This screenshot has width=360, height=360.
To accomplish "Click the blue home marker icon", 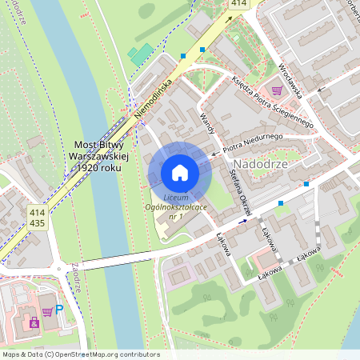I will pyautogui.click(x=180, y=173).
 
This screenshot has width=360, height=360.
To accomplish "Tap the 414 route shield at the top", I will pyautogui.click(x=238, y=4).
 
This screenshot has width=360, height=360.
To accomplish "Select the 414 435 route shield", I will pyautogui.click(x=37, y=218).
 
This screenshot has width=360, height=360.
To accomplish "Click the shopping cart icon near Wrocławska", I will pyautogui.click(x=277, y=90).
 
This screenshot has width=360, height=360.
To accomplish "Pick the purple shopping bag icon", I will pyautogui.click(x=34, y=322).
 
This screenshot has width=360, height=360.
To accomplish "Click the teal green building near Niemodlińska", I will pyautogui.click(x=141, y=54).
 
